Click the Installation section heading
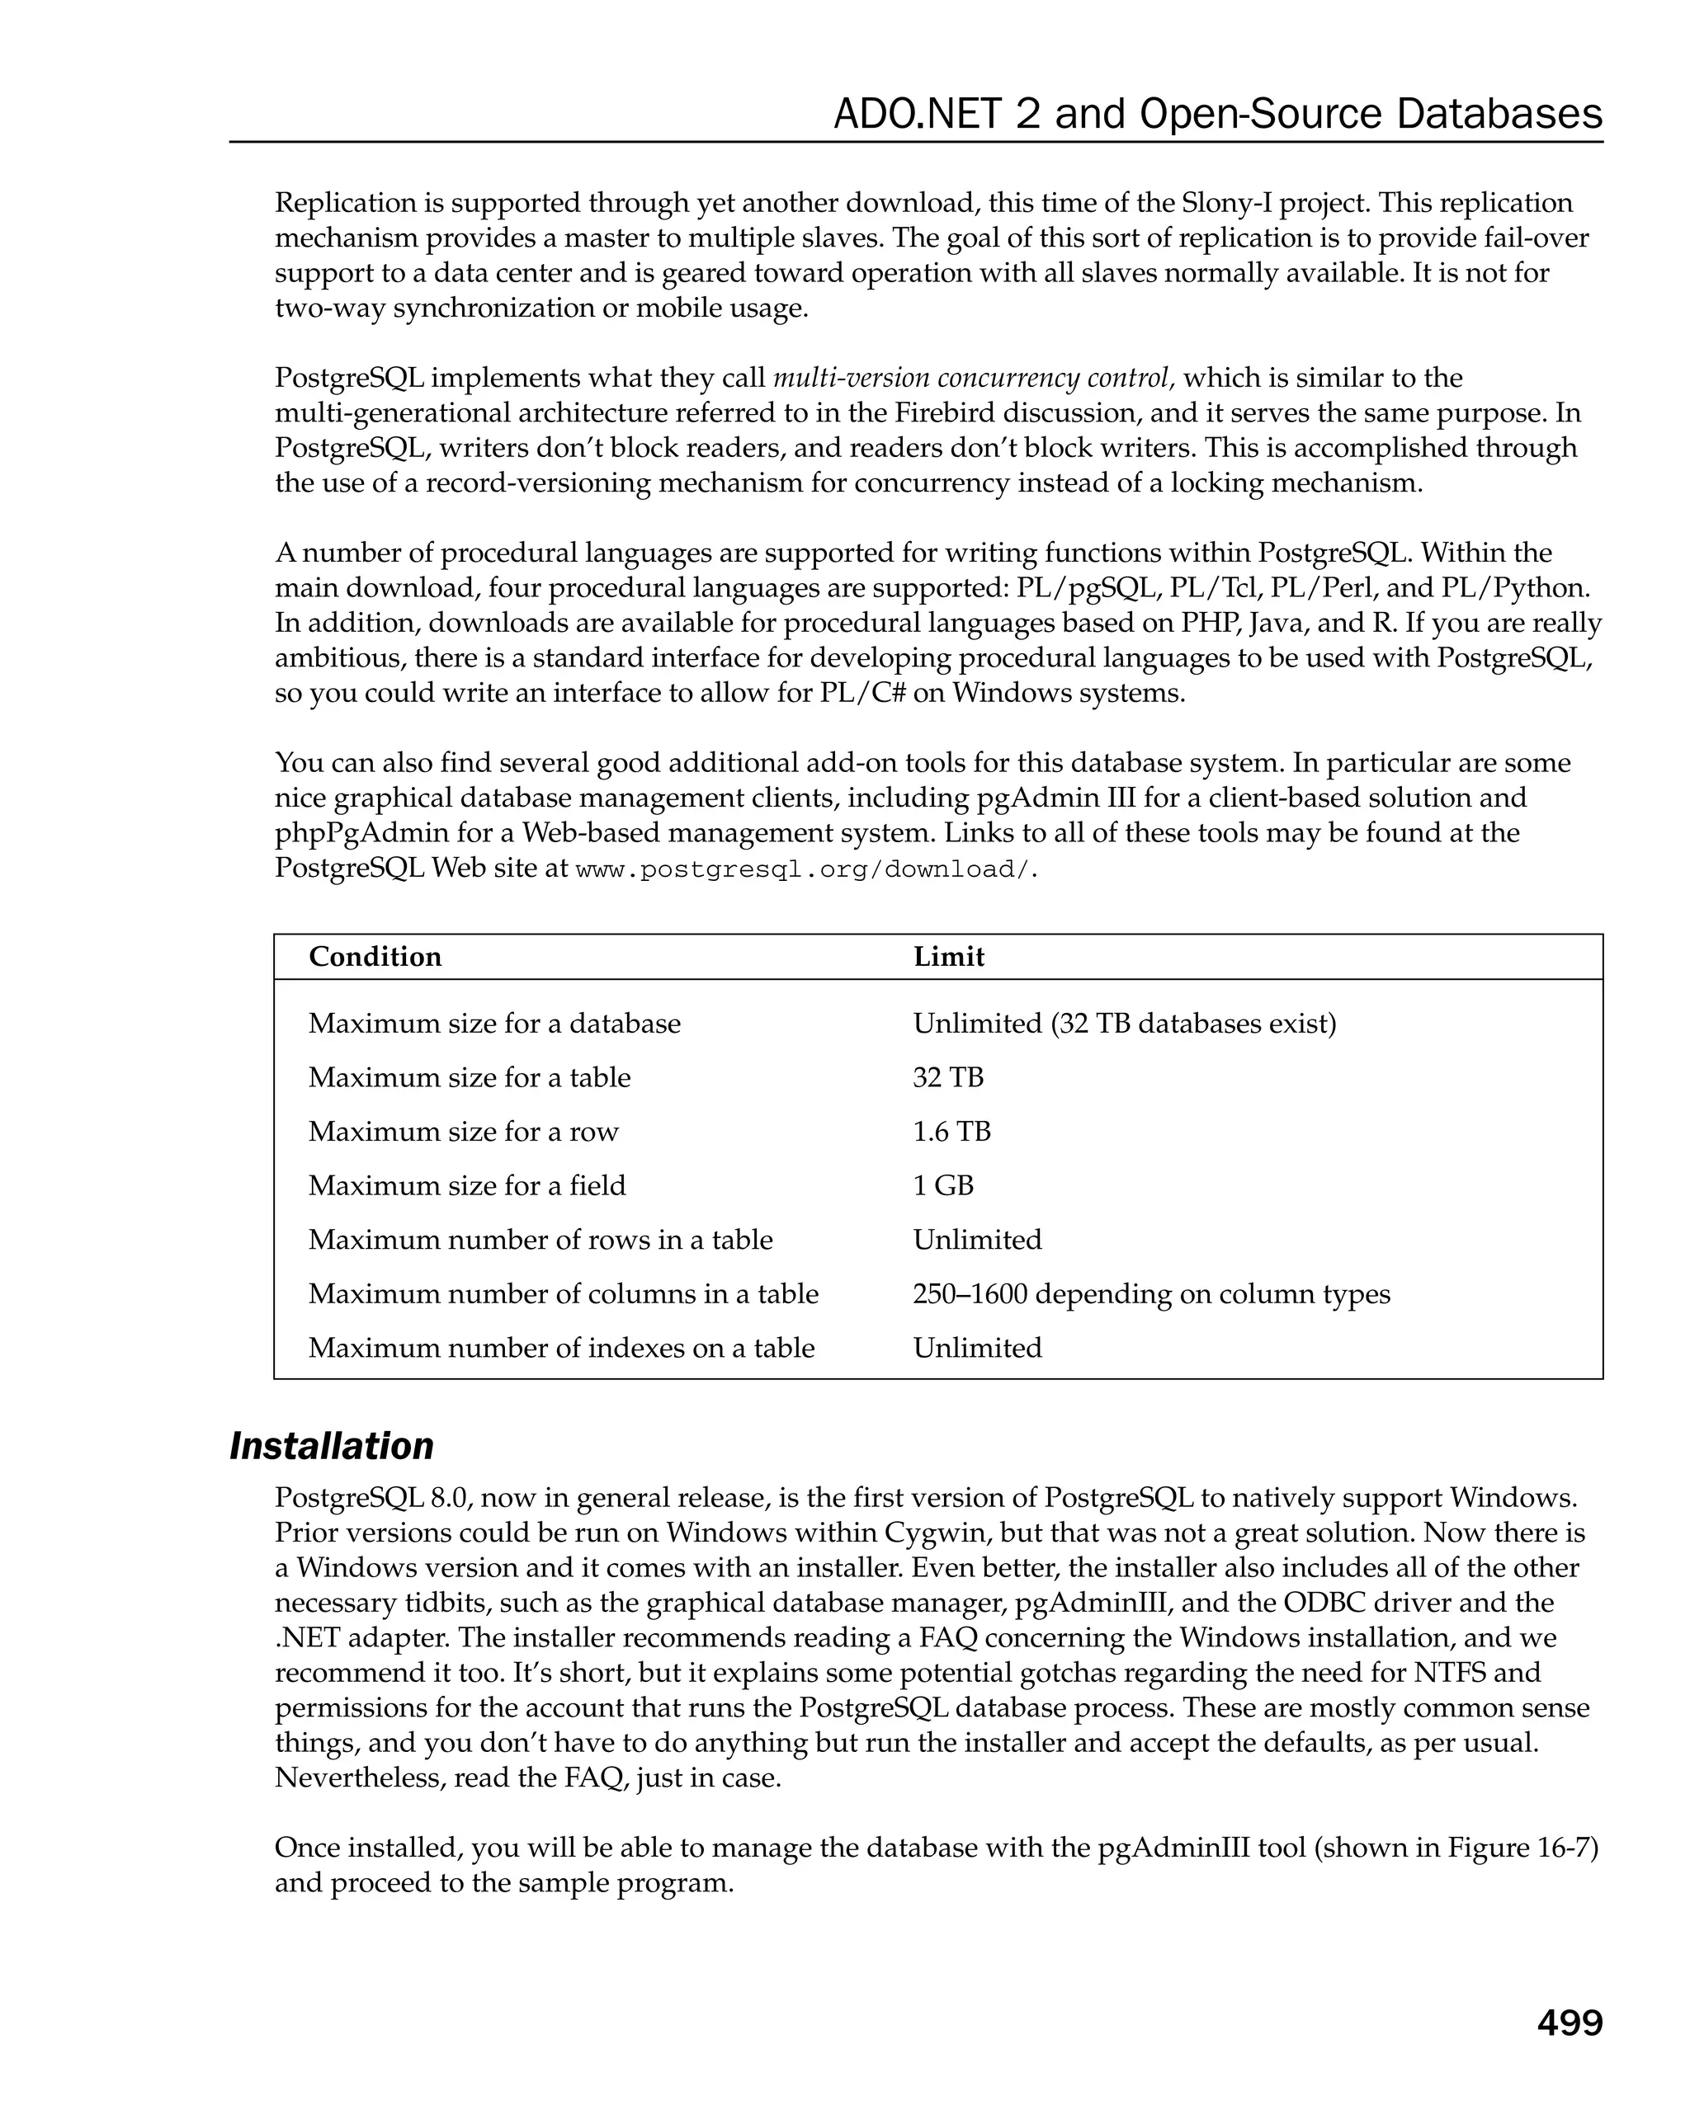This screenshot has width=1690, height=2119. [331, 1446]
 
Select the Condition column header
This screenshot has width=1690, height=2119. [375, 956]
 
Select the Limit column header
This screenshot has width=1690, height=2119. [948, 956]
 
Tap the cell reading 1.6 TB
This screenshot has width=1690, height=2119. [951, 1131]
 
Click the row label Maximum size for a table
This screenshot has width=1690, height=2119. [469, 1077]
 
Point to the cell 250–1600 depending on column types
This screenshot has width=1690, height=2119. [1150, 1293]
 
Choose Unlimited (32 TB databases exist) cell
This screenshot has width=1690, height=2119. [1124, 1023]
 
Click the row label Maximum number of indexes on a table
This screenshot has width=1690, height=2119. [561, 1348]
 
